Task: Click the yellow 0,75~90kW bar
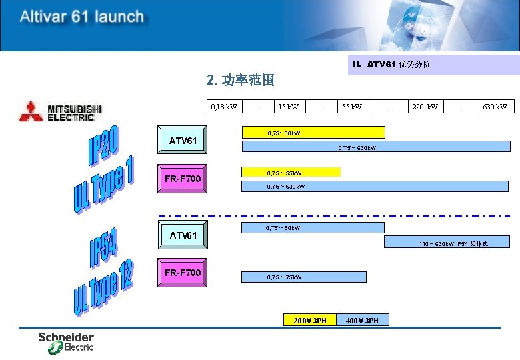(313, 132)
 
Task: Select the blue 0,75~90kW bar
(313, 227)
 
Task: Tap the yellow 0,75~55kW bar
(291, 172)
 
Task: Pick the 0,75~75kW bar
(303, 277)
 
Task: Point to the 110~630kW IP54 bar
(447, 243)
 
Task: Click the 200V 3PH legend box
(310, 321)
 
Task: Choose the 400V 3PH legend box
(362, 321)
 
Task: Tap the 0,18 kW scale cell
(223, 107)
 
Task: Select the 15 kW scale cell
(288, 107)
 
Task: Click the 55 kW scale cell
(351, 107)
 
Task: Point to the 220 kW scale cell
(425, 107)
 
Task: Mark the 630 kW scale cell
(494, 107)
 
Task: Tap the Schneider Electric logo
(66, 341)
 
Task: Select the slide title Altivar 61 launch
(81, 16)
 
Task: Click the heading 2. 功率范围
(241, 81)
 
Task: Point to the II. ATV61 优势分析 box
(433, 65)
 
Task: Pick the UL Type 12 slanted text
(103, 288)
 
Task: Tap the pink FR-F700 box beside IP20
(183, 179)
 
